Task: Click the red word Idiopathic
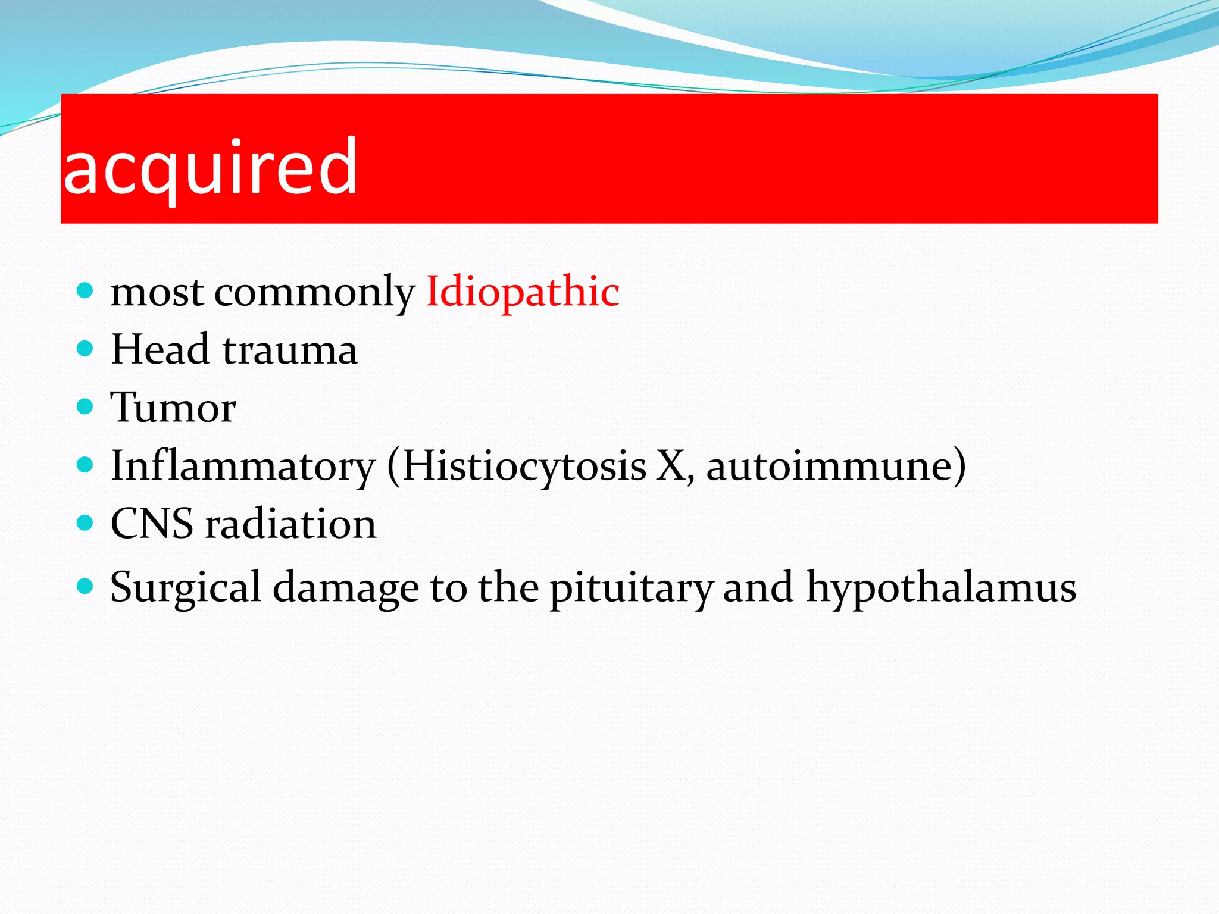(523, 292)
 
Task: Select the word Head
(160, 349)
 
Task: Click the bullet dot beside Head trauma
(86, 348)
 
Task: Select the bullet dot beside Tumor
(86, 406)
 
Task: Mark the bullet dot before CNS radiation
(86, 523)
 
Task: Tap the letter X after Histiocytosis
(671, 466)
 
